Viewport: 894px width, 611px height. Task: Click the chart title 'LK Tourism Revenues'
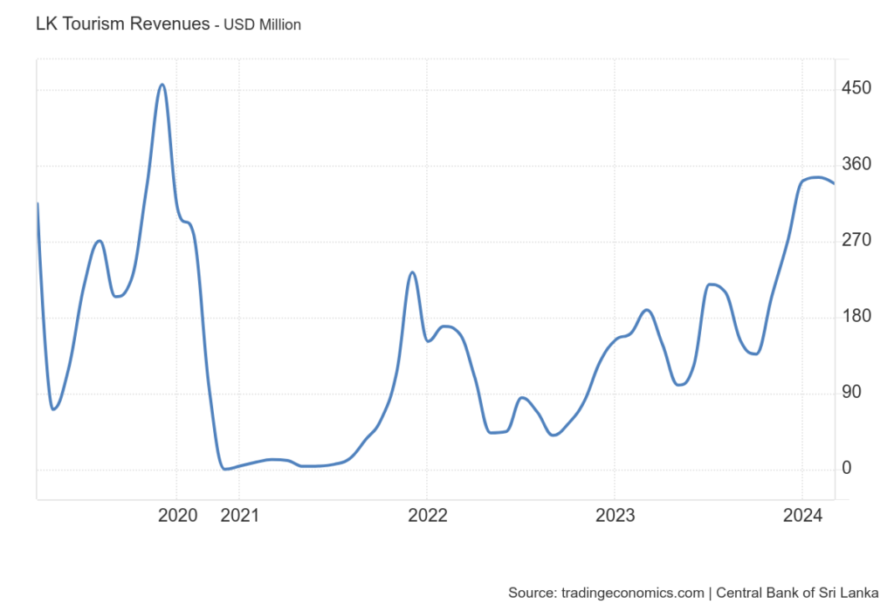click(x=122, y=24)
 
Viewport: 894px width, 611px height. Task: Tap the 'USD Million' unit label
click(x=262, y=25)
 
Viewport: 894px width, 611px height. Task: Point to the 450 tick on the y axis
click(x=856, y=88)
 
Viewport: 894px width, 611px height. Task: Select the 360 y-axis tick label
click(x=856, y=164)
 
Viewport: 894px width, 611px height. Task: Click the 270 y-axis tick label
click(x=856, y=240)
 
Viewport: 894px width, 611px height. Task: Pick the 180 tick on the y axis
click(x=856, y=316)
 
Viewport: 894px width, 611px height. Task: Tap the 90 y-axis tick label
click(x=851, y=392)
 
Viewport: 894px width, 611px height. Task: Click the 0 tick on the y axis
click(x=847, y=468)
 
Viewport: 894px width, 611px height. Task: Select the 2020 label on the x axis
click(x=177, y=515)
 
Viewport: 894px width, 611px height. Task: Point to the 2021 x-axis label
click(x=239, y=515)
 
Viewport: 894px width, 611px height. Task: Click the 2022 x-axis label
click(x=428, y=515)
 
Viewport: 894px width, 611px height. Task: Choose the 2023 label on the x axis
click(x=615, y=515)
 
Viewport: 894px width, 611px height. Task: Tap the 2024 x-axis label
click(x=803, y=515)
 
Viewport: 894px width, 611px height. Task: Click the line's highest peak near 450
click(x=162, y=85)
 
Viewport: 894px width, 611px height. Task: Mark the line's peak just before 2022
click(x=412, y=272)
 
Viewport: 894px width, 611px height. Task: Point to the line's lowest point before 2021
click(x=225, y=469)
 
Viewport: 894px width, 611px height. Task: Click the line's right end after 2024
click(x=834, y=183)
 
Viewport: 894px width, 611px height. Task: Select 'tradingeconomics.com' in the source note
click(x=633, y=593)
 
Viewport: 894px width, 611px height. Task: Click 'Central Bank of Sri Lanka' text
click(x=797, y=593)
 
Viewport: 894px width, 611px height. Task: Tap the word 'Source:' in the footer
click(x=533, y=593)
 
